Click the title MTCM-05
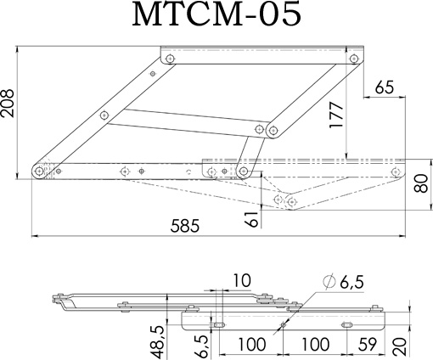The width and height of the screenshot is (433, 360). [216, 14]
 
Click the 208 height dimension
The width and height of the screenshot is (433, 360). [7, 103]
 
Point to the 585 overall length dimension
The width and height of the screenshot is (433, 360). [185, 226]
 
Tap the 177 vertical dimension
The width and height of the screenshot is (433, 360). [337, 115]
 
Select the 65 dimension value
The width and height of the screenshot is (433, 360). [385, 87]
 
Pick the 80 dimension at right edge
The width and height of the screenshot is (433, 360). [421, 183]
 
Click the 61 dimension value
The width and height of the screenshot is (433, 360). [251, 219]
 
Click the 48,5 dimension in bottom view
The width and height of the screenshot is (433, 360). [156, 341]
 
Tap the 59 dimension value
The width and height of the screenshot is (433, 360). [368, 344]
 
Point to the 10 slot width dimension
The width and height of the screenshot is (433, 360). [242, 281]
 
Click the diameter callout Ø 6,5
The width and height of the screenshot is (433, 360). [343, 282]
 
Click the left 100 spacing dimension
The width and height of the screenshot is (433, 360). [252, 344]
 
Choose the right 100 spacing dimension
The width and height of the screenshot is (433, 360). [316, 344]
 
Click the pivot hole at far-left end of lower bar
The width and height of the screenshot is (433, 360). [39, 171]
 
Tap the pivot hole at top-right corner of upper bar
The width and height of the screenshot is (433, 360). [353, 59]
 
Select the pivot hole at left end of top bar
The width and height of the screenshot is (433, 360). [170, 59]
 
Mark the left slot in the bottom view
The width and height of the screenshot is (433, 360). [219, 324]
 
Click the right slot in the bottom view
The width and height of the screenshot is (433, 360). [347, 324]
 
